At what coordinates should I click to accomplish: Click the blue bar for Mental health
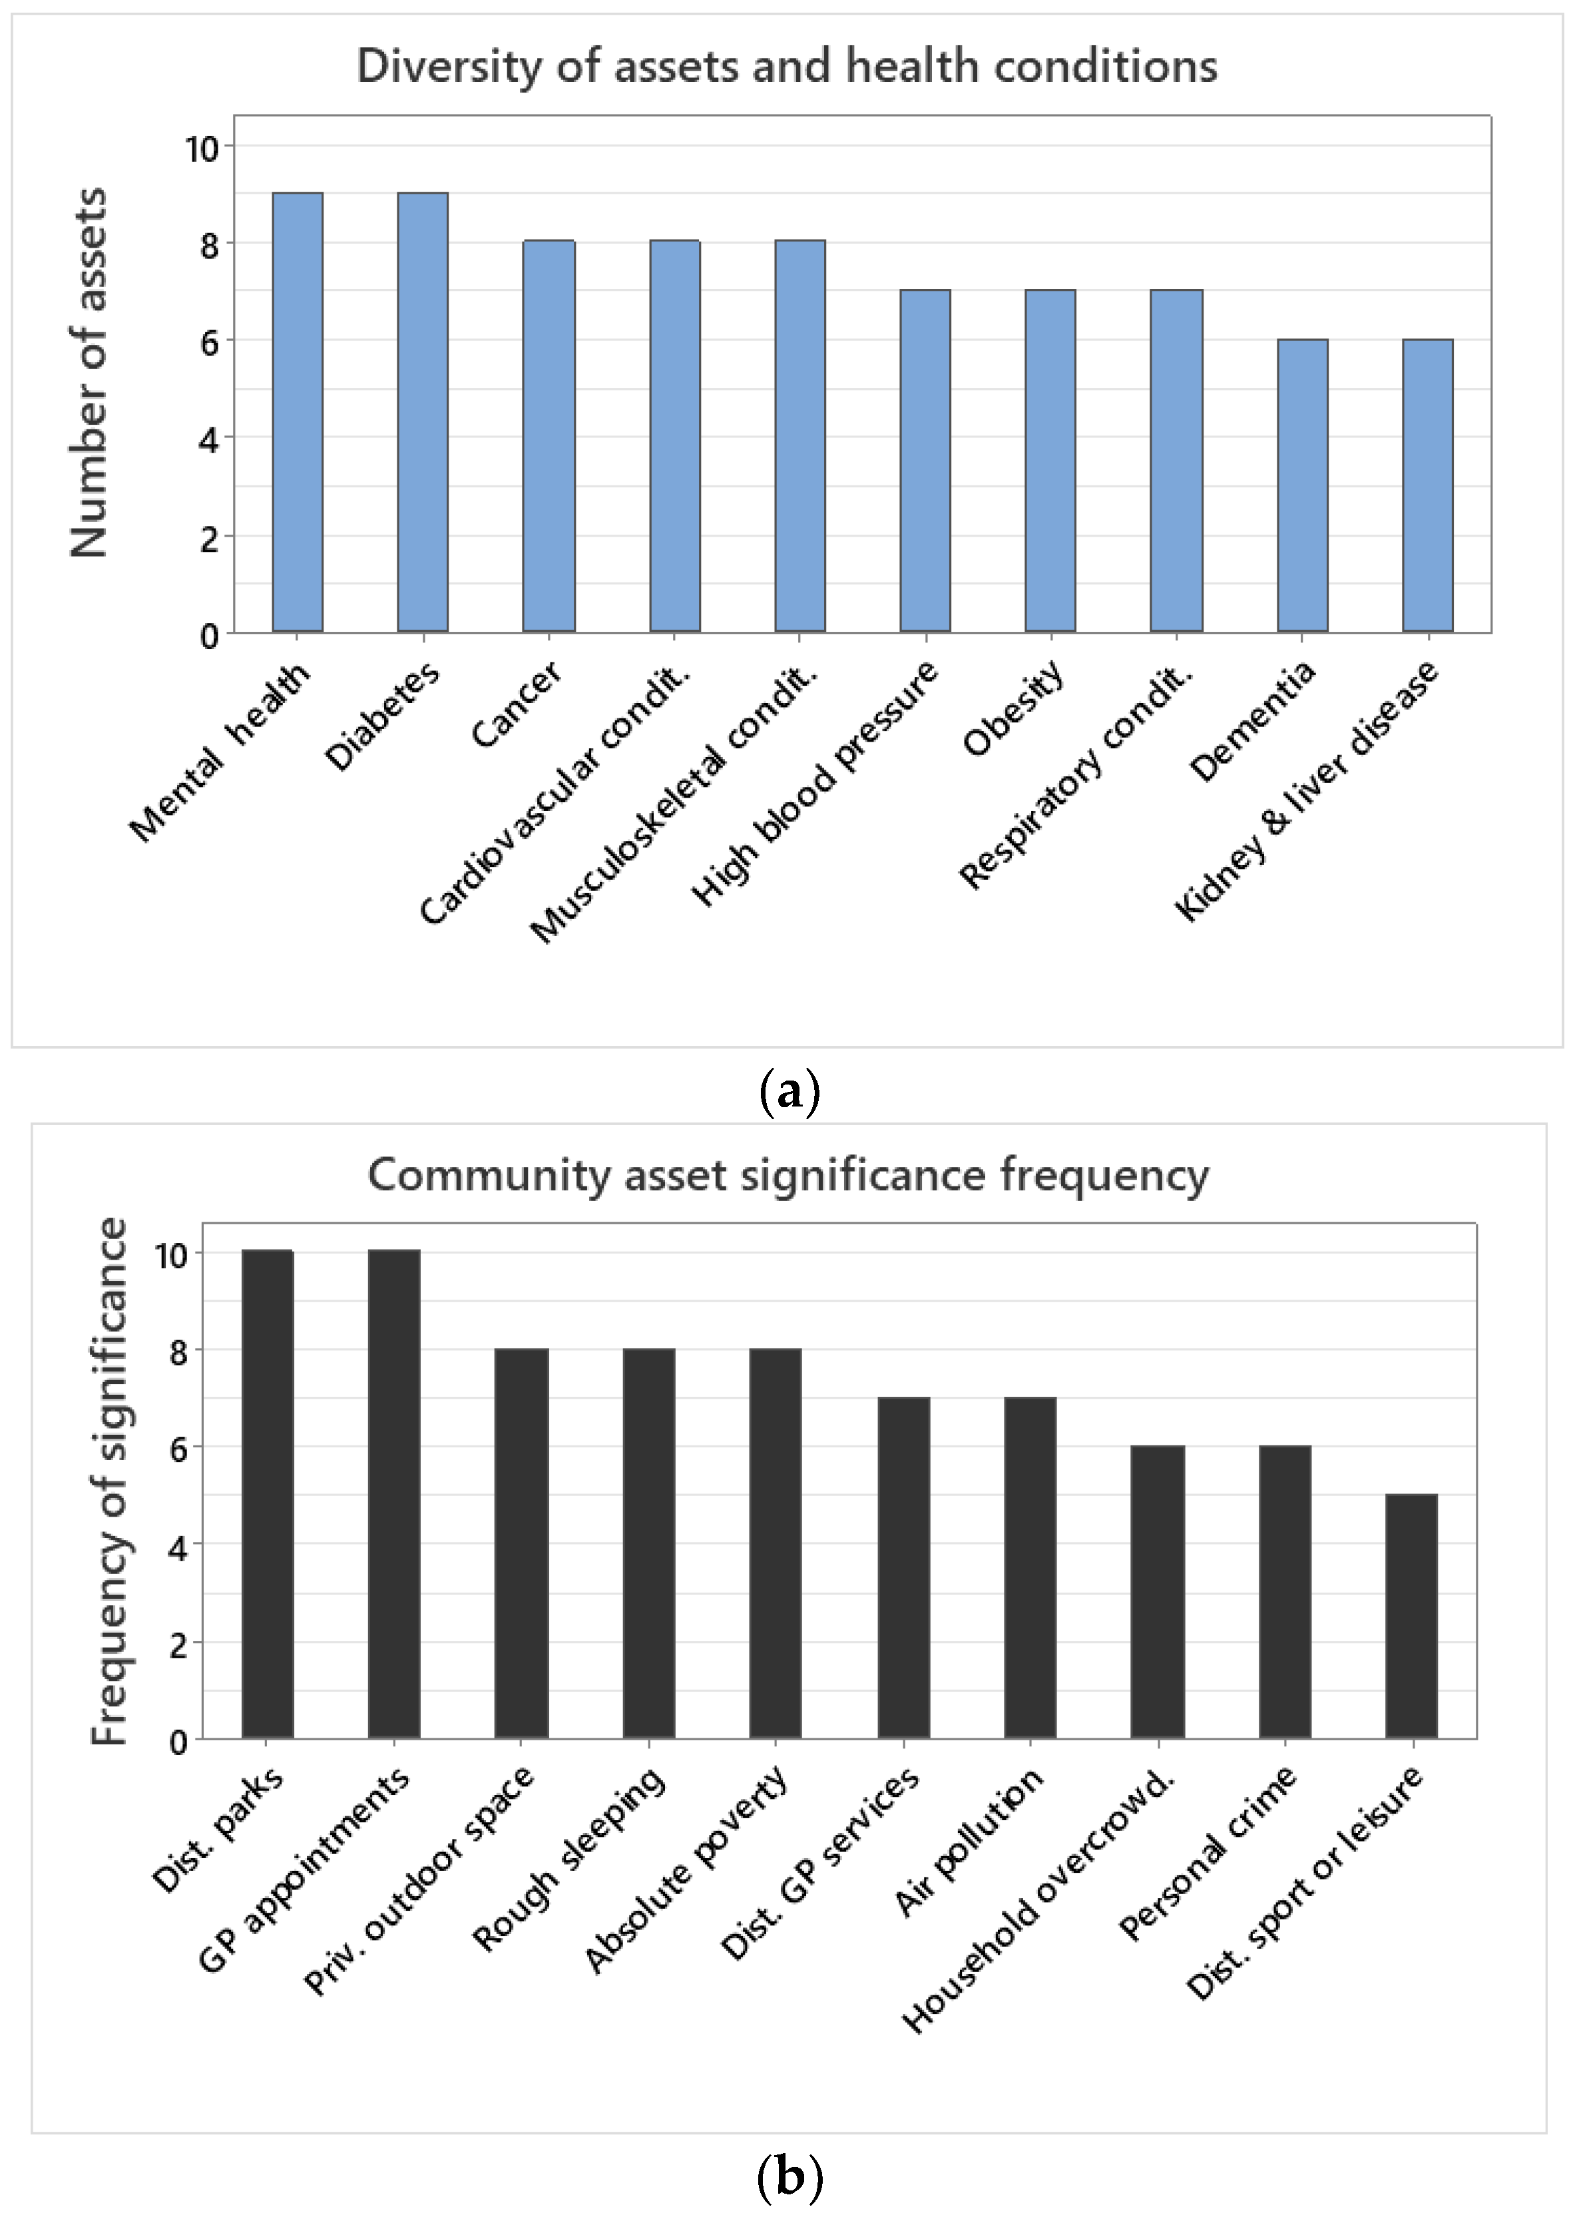(297, 412)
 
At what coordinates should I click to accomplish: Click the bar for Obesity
(1050, 461)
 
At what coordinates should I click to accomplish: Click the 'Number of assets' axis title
(89, 373)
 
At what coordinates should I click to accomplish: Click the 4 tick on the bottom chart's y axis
(178, 1547)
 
